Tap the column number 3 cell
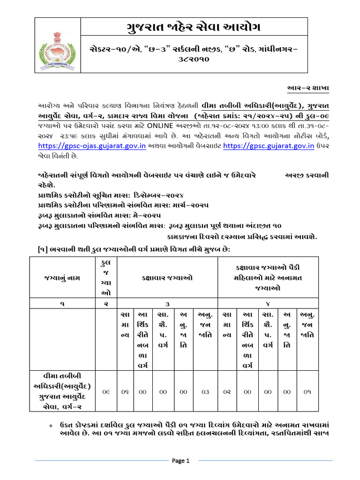coord(167,304)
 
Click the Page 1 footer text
coord(180,461)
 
